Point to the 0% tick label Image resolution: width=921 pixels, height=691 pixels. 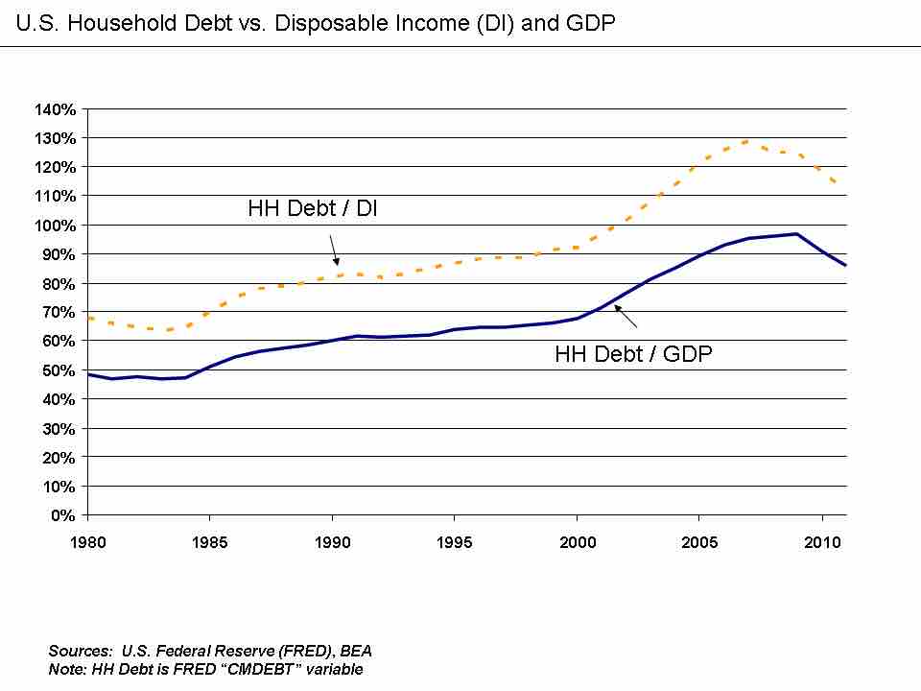[x=63, y=515]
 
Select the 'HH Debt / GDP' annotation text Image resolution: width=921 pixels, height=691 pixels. [x=633, y=354]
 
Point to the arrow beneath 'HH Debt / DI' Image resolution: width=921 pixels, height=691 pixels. [x=334, y=250]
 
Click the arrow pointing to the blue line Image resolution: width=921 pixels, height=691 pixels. [x=626, y=316]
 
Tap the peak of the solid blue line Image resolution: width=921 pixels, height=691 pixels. [x=796, y=233]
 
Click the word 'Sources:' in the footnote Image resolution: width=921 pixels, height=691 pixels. [x=81, y=652]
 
